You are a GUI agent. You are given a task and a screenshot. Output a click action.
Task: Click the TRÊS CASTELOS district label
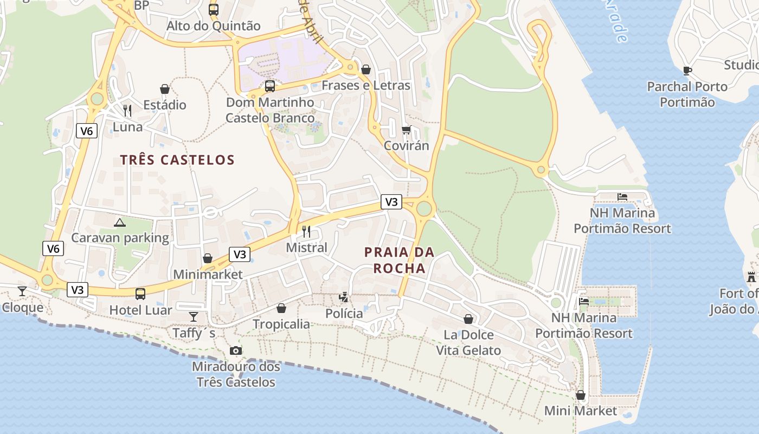point(177,160)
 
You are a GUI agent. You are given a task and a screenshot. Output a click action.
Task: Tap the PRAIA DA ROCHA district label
point(399,260)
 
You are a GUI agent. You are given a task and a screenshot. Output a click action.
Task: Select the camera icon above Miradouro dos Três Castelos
point(236,350)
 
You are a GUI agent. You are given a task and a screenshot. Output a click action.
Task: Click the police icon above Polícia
point(344,297)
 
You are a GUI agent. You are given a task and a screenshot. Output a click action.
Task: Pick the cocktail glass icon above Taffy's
point(194,316)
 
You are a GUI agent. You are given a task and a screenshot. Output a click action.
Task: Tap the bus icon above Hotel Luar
point(140,294)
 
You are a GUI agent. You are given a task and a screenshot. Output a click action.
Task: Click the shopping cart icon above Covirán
point(406,130)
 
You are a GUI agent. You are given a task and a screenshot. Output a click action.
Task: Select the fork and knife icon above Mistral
point(306,232)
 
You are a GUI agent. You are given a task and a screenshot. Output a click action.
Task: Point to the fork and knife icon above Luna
point(127,111)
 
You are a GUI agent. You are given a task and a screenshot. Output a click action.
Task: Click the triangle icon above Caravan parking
point(120,222)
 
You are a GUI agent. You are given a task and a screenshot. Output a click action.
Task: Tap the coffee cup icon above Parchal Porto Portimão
point(687,71)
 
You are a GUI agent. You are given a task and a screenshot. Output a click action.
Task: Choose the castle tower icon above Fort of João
point(751,277)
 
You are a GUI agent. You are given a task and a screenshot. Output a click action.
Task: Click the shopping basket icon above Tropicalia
point(281,308)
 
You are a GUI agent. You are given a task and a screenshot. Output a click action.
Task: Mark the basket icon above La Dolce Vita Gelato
point(468,319)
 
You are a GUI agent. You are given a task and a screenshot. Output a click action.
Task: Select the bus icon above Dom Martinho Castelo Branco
point(269,86)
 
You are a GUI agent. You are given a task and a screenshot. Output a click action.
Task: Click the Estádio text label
point(165,105)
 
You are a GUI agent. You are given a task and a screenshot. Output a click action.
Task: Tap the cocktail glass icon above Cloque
point(22,291)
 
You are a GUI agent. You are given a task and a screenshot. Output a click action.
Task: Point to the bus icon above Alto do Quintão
point(214,9)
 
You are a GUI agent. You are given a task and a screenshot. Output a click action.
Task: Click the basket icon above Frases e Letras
point(366,69)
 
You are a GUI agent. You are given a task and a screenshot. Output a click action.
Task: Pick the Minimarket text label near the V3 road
point(208,275)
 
